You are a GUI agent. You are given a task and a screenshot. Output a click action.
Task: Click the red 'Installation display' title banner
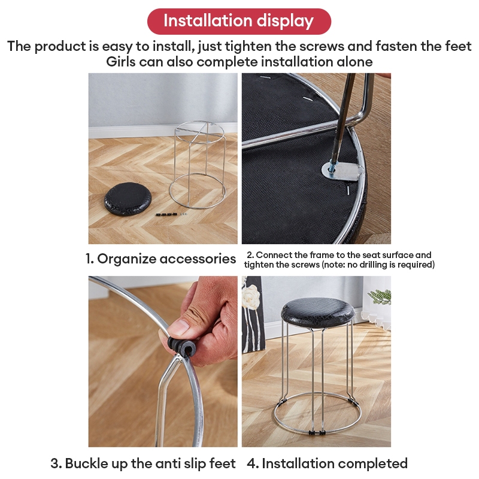[x=239, y=21]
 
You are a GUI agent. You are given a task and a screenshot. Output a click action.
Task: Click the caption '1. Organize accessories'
[x=160, y=259]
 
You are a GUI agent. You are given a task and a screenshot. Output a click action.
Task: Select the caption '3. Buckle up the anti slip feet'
[x=143, y=463]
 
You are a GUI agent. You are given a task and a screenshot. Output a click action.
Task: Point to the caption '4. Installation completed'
[x=335, y=463]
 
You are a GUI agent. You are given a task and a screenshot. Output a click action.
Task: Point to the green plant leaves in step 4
[x=381, y=296]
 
